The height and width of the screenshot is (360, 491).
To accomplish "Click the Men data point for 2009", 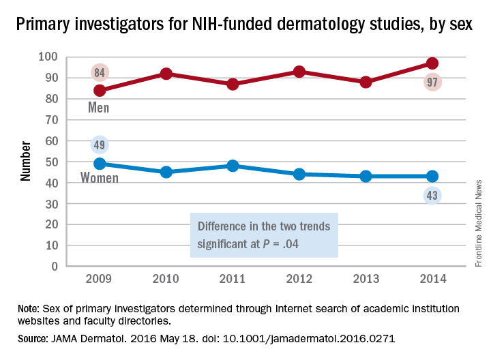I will tap(100, 90).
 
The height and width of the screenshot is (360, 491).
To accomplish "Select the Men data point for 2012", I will tap(299, 72).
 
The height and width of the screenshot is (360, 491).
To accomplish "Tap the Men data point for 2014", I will tap(432, 63).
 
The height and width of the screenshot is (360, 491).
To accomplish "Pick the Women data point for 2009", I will tap(100, 164).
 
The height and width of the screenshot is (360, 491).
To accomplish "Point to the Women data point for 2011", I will tap(233, 166).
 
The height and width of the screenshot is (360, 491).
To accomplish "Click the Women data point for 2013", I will tap(366, 176).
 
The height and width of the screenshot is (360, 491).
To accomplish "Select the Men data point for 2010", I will tap(166, 74).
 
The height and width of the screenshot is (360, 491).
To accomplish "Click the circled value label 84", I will tap(100, 72).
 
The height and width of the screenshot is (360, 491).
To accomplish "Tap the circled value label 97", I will tap(432, 82).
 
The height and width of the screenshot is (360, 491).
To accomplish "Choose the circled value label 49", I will tap(100, 145).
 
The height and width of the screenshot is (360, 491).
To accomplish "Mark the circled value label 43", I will tap(432, 196).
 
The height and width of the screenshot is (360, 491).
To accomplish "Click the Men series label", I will tap(99, 108).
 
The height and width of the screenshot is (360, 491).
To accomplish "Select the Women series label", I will tap(100, 179).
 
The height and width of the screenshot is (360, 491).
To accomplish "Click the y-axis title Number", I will tap(26, 161).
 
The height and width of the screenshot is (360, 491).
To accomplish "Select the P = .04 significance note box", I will tap(264, 235).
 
